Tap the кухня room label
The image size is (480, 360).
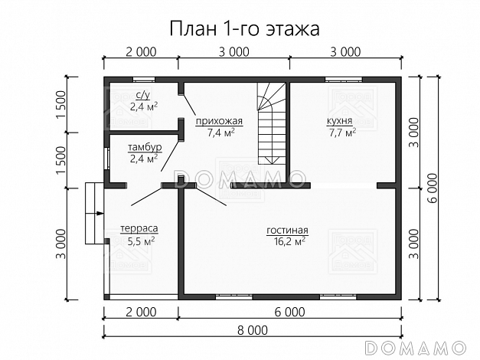340,121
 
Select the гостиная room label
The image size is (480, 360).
287,230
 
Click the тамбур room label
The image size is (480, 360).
144,148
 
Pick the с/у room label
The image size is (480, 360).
142,96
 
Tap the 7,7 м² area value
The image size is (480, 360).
340,133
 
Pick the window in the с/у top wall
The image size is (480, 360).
144,79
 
